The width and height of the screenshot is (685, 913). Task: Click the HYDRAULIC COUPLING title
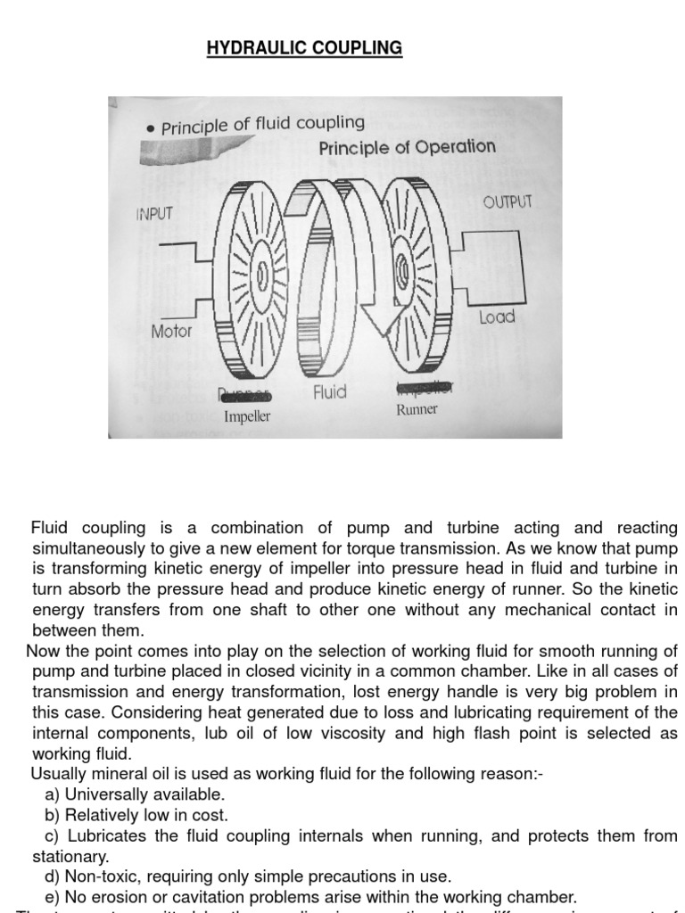point(304,47)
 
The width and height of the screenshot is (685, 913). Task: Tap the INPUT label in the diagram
point(154,214)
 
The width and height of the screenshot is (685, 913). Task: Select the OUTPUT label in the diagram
point(508,202)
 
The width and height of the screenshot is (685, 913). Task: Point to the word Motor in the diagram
point(171,331)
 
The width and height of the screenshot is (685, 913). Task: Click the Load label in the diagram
point(497,317)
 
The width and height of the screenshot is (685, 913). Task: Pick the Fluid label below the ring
point(330,392)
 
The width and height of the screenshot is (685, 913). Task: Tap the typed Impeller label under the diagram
point(247,416)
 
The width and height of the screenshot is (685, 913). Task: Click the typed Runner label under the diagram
point(417,409)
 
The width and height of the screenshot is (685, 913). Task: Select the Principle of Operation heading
point(407,148)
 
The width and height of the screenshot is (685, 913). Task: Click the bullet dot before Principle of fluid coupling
point(151,130)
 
